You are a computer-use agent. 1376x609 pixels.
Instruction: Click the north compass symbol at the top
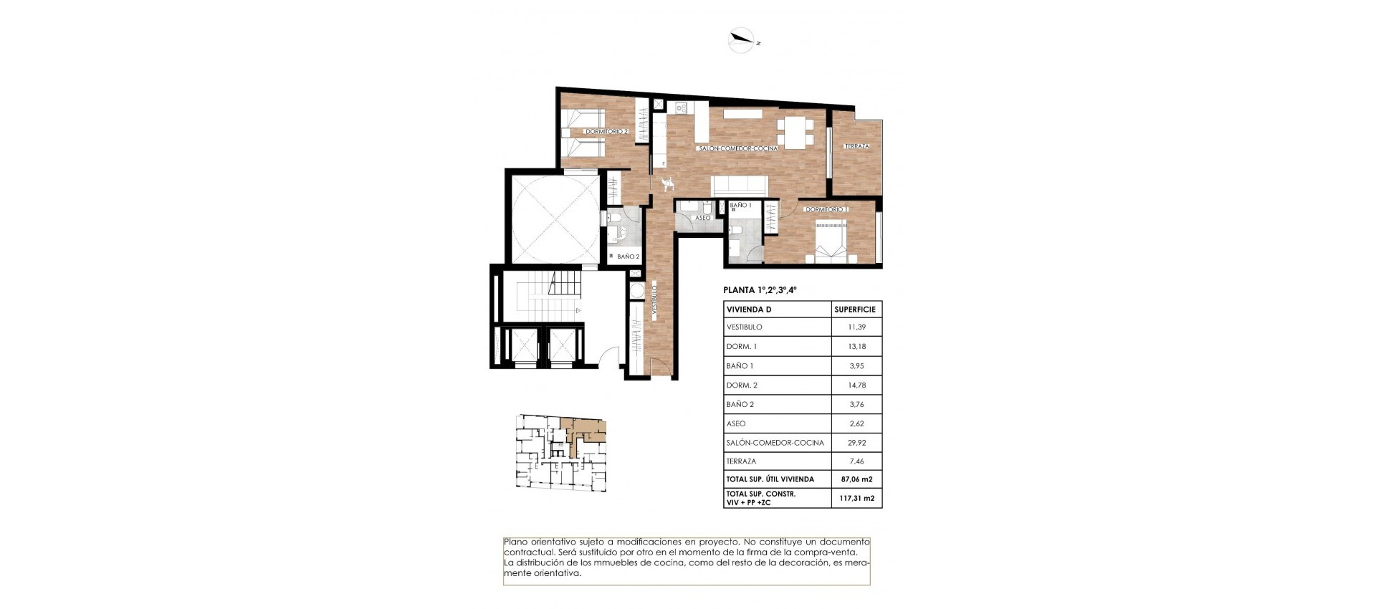[742, 40]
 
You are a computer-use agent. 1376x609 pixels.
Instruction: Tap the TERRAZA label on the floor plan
[856, 146]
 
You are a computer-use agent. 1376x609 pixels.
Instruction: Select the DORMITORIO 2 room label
[606, 131]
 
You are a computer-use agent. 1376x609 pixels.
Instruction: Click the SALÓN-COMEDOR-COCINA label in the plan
[738, 148]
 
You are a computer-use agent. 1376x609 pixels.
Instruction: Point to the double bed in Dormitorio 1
[831, 241]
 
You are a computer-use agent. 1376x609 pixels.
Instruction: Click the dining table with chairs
[795, 132]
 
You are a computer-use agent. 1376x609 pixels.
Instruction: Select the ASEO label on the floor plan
[703, 218]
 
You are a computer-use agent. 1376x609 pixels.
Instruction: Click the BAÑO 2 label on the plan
[628, 256]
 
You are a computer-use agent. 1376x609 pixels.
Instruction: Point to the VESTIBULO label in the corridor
[654, 301]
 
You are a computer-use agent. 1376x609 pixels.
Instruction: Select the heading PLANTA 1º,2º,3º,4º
[760, 290]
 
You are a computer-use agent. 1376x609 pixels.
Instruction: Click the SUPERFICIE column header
[855, 310]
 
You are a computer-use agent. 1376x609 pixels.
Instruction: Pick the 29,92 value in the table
[856, 443]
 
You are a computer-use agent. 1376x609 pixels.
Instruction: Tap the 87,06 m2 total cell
[856, 479]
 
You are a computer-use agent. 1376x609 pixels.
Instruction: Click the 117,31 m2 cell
[856, 498]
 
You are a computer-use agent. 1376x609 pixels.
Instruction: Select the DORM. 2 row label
[742, 385]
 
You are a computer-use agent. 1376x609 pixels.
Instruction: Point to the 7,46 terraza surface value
[856, 461]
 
